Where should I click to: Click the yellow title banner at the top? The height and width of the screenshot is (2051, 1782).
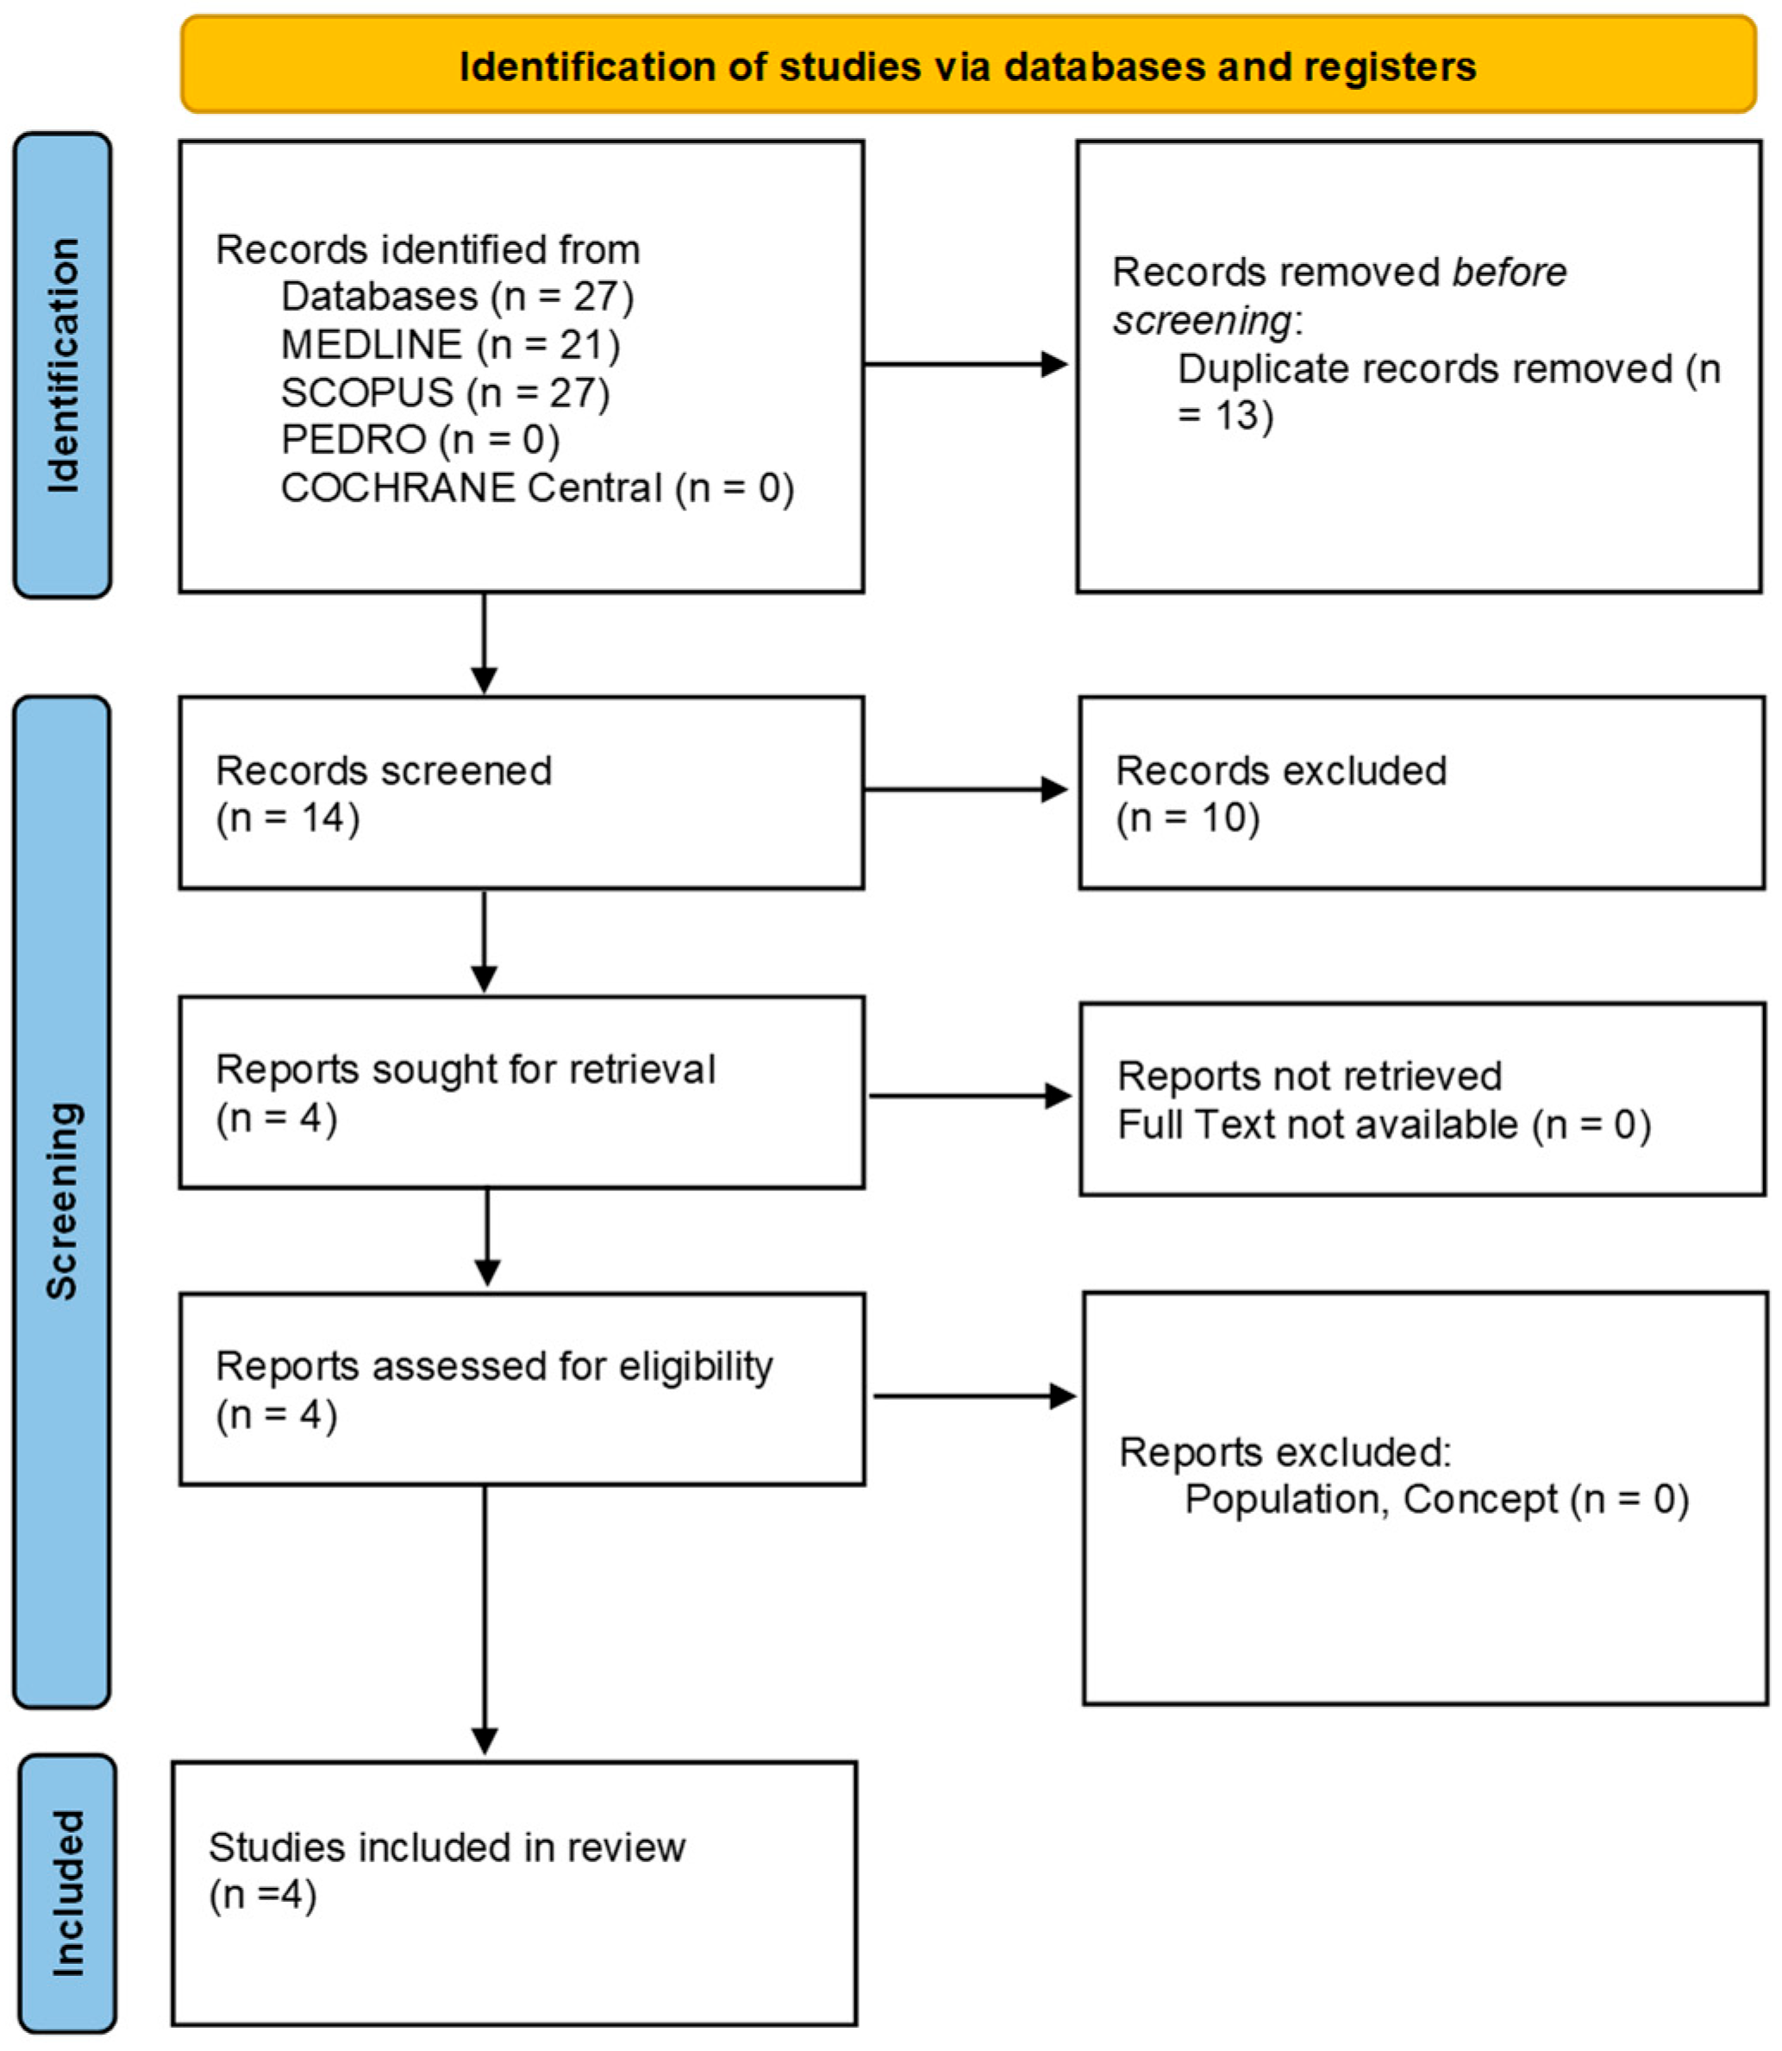(967, 65)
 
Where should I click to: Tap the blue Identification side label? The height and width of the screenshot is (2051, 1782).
(62, 365)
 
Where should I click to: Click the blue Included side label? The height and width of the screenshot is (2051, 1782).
(66, 1893)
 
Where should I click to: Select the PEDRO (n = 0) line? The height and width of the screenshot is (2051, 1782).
(420, 439)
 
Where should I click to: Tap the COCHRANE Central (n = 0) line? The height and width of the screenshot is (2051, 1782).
(537, 487)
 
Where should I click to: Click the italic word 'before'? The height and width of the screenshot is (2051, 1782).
(1509, 272)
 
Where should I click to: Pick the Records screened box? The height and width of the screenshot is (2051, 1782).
(521, 793)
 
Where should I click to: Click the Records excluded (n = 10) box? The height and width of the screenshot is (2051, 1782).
(1421, 793)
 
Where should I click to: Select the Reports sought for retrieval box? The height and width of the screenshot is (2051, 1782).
(521, 1092)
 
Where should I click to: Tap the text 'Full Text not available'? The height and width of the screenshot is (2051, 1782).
(1316, 1124)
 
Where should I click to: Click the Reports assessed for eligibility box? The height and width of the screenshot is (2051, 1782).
(521, 1389)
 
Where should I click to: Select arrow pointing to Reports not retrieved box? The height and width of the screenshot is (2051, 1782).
(970, 1096)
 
